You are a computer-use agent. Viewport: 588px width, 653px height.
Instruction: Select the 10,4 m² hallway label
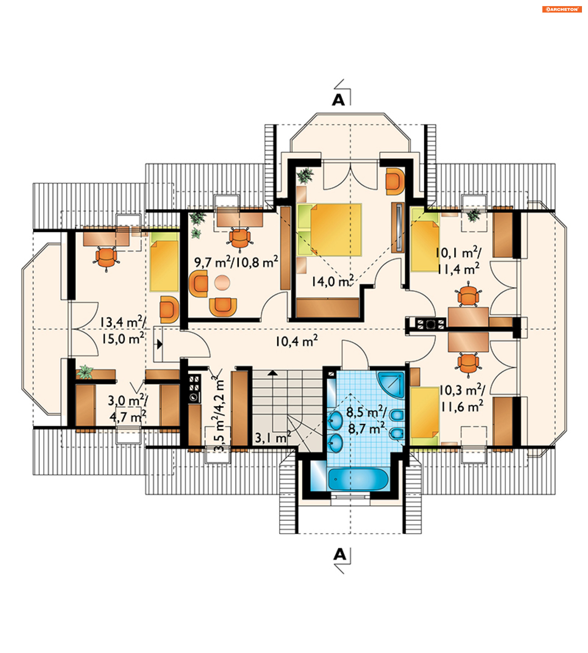click(296, 341)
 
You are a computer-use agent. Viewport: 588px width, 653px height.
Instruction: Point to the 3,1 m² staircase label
click(273, 437)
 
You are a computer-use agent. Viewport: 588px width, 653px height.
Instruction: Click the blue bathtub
click(358, 479)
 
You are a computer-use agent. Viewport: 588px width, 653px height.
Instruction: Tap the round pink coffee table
click(222, 282)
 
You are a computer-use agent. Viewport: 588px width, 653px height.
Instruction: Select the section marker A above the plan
click(339, 100)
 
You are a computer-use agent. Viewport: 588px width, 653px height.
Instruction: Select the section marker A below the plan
click(340, 554)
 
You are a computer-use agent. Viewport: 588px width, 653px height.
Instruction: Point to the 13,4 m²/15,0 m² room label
click(123, 330)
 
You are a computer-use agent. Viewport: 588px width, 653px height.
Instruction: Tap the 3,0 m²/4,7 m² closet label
click(128, 408)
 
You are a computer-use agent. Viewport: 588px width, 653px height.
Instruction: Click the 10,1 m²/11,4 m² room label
click(458, 260)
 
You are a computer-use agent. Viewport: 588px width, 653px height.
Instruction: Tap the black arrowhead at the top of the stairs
click(273, 373)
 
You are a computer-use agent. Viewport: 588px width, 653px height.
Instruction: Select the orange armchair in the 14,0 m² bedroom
click(395, 181)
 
